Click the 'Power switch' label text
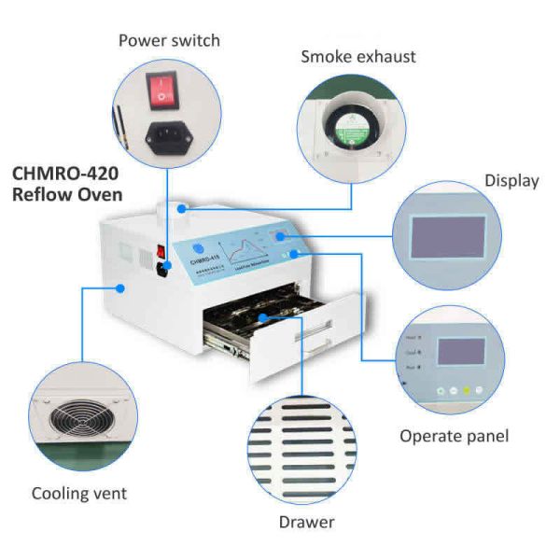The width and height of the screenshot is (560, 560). click(169, 40)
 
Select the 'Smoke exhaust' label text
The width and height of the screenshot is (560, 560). click(357, 57)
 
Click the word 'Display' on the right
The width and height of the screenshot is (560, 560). click(511, 180)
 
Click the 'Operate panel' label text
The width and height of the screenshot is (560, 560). click(454, 436)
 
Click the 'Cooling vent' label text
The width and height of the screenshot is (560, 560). click(78, 493)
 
